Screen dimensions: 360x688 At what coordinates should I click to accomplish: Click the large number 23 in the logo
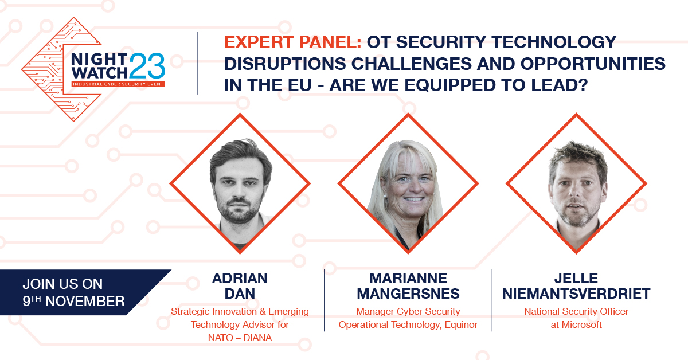coord(147,65)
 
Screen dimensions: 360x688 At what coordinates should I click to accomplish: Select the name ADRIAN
coord(240,279)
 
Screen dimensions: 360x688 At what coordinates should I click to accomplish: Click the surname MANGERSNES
coord(408,294)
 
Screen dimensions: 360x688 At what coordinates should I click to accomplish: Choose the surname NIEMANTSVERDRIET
coord(577,294)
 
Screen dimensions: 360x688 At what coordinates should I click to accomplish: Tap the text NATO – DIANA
coord(240,338)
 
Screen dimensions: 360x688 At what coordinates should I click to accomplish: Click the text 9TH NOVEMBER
coord(73,301)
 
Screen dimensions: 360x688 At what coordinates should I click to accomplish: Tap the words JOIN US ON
coord(62,284)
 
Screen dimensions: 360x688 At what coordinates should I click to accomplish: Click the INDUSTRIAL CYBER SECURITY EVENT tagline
coord(118,84)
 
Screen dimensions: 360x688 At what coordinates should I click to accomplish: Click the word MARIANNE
coord(408,279)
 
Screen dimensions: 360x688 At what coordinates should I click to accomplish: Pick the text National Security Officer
coord(576,312)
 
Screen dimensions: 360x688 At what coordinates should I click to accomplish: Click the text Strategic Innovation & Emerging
coord(240,312)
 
